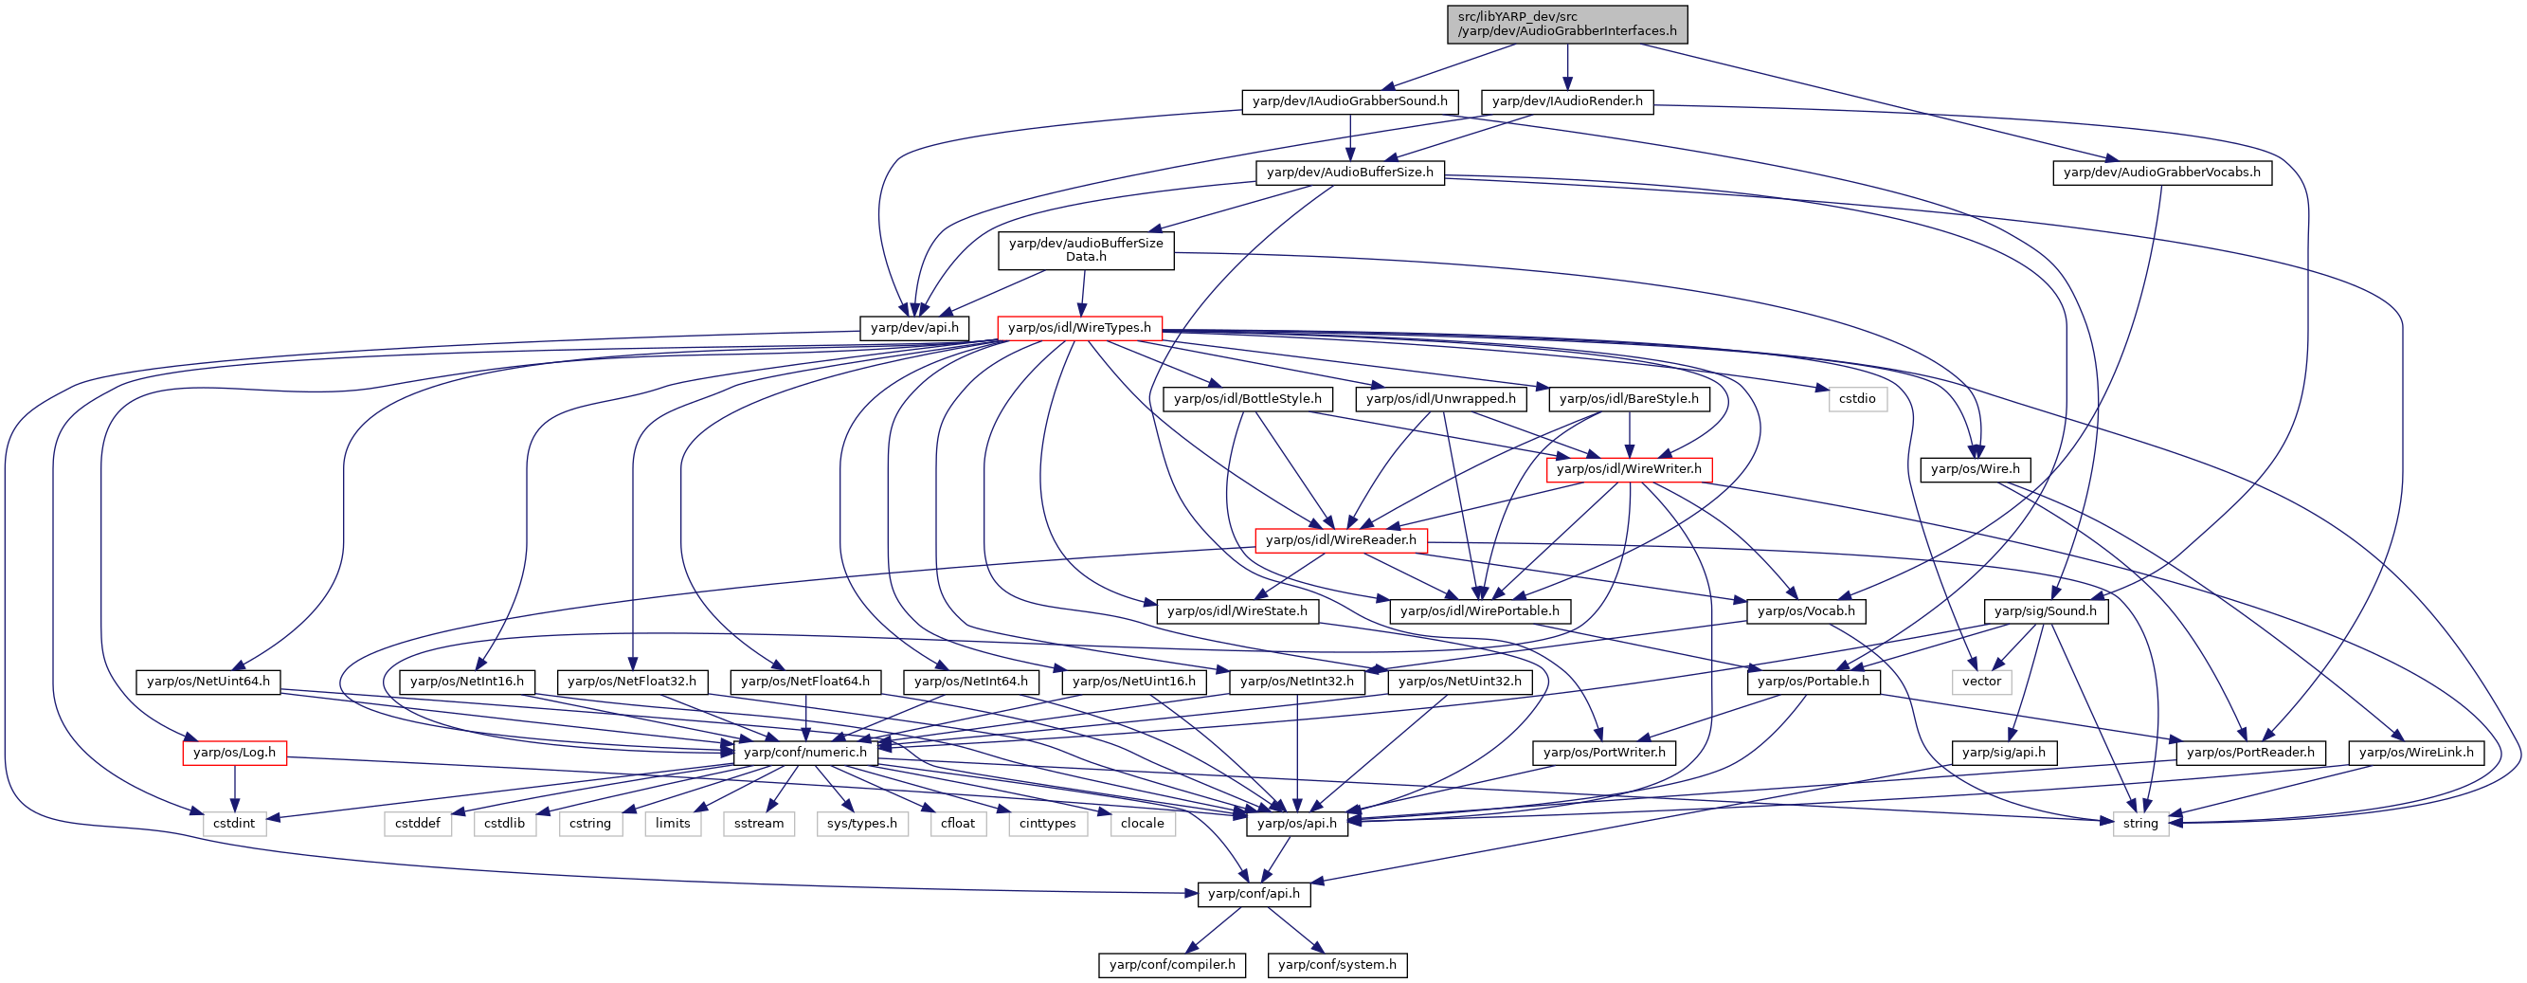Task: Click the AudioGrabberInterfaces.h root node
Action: (1566, 24)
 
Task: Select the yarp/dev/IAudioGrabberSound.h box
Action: (1350, 101)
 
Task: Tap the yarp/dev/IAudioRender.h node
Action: (1566, 101)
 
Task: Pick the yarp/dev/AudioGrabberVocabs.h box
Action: (2161, 172)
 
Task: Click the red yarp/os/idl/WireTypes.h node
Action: (1079, 328)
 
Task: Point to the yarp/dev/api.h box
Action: (914, 328)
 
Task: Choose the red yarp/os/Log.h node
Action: (234, 753)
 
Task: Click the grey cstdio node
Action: (1857, 398)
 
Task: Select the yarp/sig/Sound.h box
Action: (2046, 611)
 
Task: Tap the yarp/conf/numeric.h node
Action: (805, 753)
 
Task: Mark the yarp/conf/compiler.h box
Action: (1172, 964)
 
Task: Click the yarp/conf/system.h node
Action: (1337, 964)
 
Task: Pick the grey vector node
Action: (1981, 682)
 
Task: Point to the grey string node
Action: (2139, 823)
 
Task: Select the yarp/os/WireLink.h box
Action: (2416, 753)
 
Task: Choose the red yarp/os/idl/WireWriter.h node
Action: (1629, 469)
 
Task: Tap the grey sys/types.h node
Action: (861, 823)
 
